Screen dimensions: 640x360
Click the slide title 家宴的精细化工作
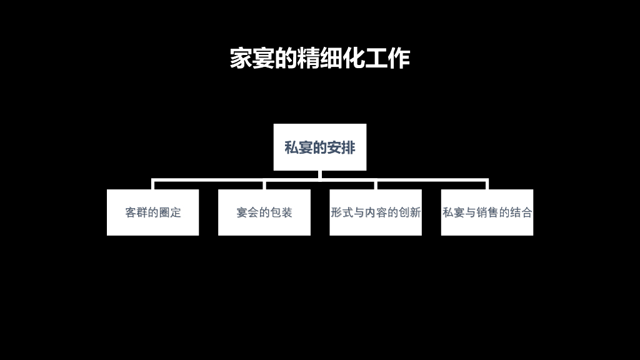pyautogui.click(x=319, y=58)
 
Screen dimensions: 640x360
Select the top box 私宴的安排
pyautogui.click(x=319, y=147)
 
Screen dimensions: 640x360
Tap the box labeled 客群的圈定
pyautogui.click(x=152, y=212)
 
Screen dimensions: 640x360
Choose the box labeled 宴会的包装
pyautogui.click(x=264, y=212)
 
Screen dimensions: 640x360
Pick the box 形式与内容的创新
pyautogui.click(x=376, y=212)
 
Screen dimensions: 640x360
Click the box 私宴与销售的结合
pyautogui.click(x=487, y=212)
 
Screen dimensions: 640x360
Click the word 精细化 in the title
pyautogui.click(x=331, y=58)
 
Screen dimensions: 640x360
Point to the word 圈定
pyautogui.click(x=170, y=212)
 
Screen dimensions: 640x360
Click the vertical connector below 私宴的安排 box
pyautogui.click(x=319, y=175)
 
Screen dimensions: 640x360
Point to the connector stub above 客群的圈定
pyautogui.click(x=153, y=185)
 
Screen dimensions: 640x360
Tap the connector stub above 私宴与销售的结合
pyautogui.click(x=487, y=185)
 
